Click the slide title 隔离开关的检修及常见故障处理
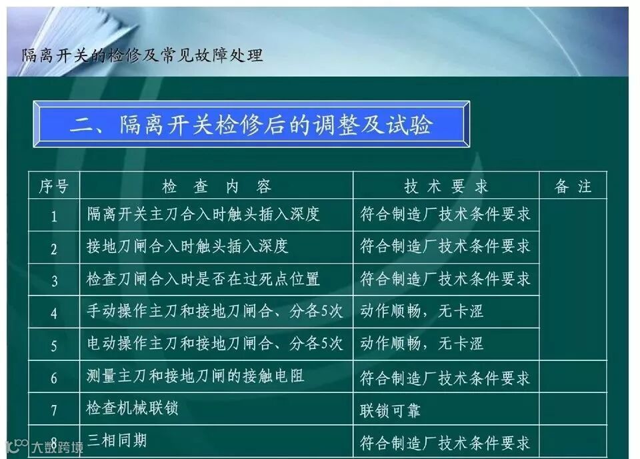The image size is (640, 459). [143, 55]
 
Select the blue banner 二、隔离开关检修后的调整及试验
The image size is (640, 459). [251, 125]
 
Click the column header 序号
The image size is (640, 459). [54, 186]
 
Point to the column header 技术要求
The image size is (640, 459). [445, 186]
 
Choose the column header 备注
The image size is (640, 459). [573, 186]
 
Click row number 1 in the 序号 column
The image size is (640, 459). [54, 216]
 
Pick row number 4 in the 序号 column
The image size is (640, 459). [54, 312]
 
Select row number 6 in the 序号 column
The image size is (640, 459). [54, 378]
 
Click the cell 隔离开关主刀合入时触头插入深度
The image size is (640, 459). [203, 214]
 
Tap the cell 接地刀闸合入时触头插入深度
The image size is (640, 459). [187, 246]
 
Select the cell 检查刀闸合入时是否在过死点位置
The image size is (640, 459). [203, 279]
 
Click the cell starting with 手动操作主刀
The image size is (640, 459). [215, 311]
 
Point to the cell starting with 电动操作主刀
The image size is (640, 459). [215, 344]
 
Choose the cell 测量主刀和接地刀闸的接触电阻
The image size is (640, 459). [195, 376]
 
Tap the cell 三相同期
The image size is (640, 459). [116, 440]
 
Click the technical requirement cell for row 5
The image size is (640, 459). [421, 344]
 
